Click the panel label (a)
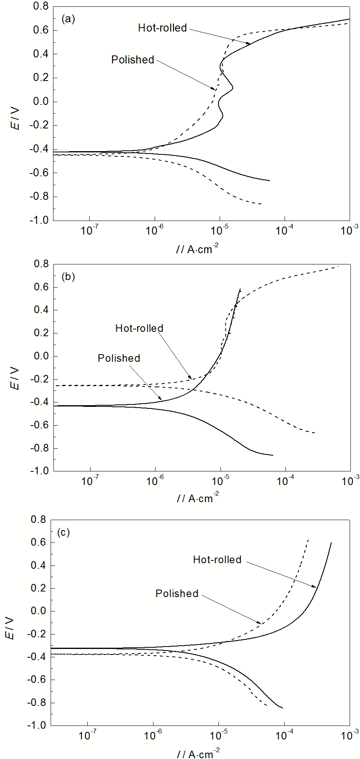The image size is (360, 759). coord(67,19)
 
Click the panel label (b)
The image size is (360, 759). coord(67,276)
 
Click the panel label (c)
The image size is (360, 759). coord(64,532)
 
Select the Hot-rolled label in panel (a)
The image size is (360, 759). coord(162,28)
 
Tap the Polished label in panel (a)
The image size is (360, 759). coord(132,60)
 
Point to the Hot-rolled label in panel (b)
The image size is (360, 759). coord(139,328)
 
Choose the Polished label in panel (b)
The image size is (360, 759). coord(119,358)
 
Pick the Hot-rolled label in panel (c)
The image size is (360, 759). coord(217,560)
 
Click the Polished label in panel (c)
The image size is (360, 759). coord(177,593)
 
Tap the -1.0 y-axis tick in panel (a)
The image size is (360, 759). coord(39,221)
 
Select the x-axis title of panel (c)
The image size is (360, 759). coord(197,753)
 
